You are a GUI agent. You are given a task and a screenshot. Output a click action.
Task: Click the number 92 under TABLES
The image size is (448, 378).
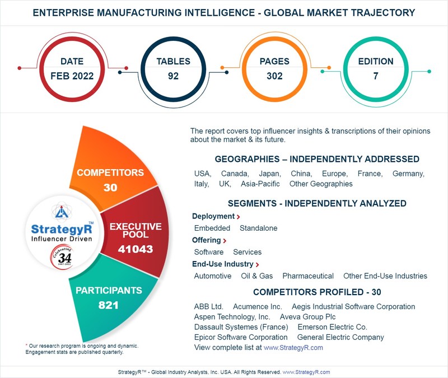173,76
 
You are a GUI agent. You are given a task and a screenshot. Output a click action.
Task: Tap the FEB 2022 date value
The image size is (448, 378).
71,76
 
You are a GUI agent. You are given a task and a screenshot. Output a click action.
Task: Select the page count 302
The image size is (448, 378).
274,76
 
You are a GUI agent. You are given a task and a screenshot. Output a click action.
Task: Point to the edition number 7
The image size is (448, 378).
376,76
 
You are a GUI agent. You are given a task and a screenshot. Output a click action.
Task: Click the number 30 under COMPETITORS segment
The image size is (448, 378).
110,188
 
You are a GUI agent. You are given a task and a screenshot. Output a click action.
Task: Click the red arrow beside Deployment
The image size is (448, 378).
239,217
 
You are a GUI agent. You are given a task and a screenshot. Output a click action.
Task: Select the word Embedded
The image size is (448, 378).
212,228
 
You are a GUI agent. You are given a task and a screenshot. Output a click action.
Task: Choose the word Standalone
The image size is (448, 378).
259,228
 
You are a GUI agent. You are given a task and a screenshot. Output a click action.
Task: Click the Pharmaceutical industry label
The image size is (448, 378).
308,276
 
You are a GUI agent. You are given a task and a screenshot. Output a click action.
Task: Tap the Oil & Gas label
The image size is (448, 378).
257,276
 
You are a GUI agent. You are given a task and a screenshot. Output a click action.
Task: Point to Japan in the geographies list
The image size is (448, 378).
270,174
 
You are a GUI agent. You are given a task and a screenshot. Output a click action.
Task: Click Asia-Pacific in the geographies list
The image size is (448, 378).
260,184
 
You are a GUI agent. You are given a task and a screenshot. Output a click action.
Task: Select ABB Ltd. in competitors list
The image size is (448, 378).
209,307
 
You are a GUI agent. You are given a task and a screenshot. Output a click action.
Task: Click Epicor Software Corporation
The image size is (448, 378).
241,337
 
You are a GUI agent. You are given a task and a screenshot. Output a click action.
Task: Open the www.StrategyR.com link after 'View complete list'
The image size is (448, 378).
293,348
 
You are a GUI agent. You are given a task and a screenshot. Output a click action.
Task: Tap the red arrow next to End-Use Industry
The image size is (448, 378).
258,264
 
